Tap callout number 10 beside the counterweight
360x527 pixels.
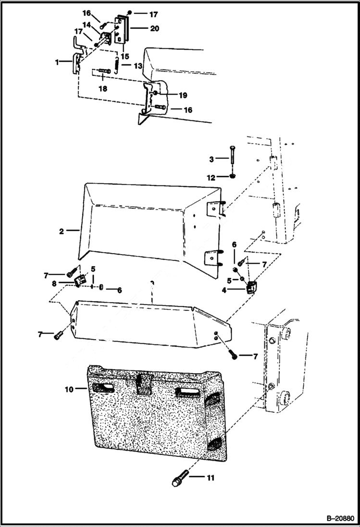[69, 389]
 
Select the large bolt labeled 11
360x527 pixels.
[176, 479]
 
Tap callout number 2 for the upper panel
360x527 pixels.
[62, 231]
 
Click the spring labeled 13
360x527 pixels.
[117, 64]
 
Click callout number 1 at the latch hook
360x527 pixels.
[57, 62]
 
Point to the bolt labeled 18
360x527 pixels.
[103, 72]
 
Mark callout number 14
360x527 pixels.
[87, 24]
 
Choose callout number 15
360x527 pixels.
[124, 56]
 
